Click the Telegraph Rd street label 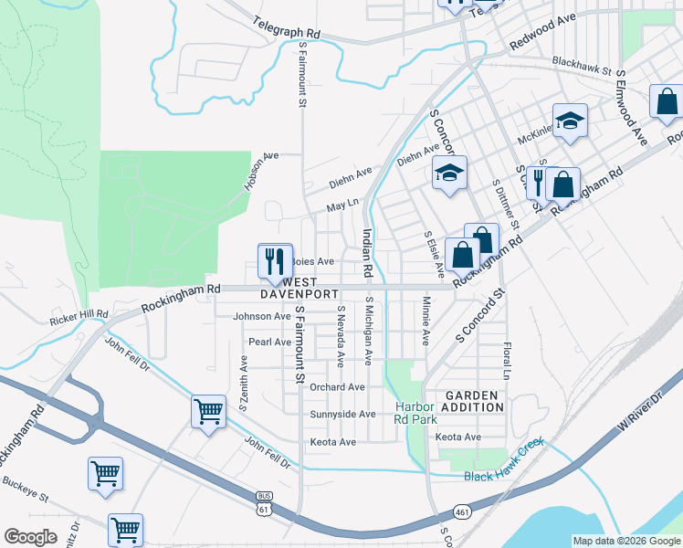[287, 31]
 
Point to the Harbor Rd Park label [415, 413]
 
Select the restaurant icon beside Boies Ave [275, 261]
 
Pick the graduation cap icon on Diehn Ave [448, 174]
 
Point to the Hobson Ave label [260, 170]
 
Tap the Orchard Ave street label [336, 386]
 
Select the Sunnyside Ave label [342, 414]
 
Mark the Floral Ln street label [505, 362]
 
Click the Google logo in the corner [30, 537]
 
